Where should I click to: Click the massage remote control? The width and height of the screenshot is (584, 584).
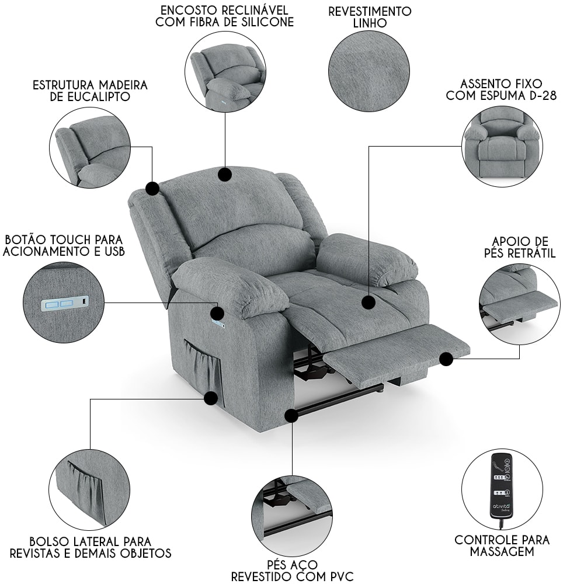(502, 486)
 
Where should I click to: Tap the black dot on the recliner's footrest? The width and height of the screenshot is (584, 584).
(446, 359)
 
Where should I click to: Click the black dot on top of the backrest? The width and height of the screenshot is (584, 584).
(225, 174)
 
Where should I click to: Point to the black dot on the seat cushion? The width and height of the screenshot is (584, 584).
(369, 302)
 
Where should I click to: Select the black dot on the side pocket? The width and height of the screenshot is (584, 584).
(211, 398)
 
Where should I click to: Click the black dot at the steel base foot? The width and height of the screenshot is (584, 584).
(291, 415)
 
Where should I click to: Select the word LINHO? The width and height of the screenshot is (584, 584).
(370, 23)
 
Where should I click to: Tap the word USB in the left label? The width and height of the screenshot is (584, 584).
(114, 251)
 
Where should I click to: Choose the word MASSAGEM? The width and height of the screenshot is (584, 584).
(502, 552)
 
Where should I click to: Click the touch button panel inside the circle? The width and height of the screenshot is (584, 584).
(65, 304)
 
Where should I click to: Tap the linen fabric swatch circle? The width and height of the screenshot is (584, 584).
(369, 71)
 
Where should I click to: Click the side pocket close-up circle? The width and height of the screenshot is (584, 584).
(89, 490)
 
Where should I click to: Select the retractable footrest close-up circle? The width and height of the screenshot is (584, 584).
(519, 304)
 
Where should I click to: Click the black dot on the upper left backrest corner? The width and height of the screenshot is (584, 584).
(152, 189)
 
